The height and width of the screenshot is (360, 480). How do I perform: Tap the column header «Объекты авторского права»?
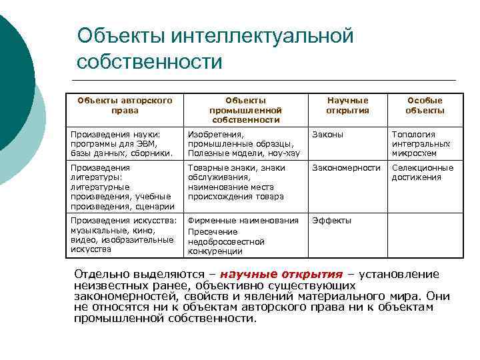tap(125, 105)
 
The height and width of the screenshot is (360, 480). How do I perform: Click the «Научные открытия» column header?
tap(347, 105)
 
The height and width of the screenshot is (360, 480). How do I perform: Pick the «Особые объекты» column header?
tap(425, 105)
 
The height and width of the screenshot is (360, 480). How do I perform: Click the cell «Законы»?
tap(328, 134)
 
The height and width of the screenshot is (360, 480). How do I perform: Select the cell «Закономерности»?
tap(347, 168)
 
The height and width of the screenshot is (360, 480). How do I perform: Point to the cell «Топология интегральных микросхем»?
tap(421, 143)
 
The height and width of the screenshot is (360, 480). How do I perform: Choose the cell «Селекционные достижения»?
tap(423, 173)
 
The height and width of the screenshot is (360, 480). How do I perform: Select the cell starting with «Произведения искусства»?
tap(124, 235)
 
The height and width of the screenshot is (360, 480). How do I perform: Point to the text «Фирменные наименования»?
tap(243, 221)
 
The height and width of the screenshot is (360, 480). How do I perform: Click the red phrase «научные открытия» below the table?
tap(281, 275)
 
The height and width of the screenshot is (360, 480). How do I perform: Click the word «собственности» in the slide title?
tap(150, 62)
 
